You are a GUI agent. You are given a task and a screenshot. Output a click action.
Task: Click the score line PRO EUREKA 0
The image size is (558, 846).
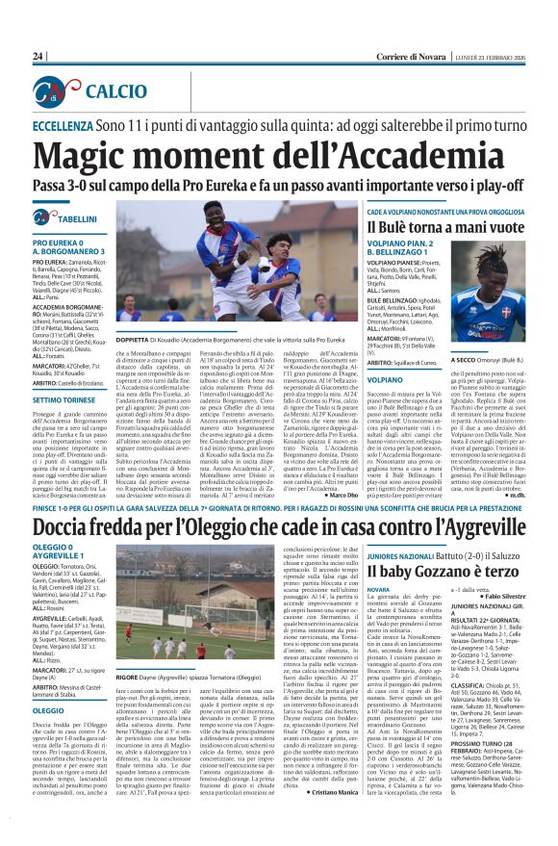pos(61,243)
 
